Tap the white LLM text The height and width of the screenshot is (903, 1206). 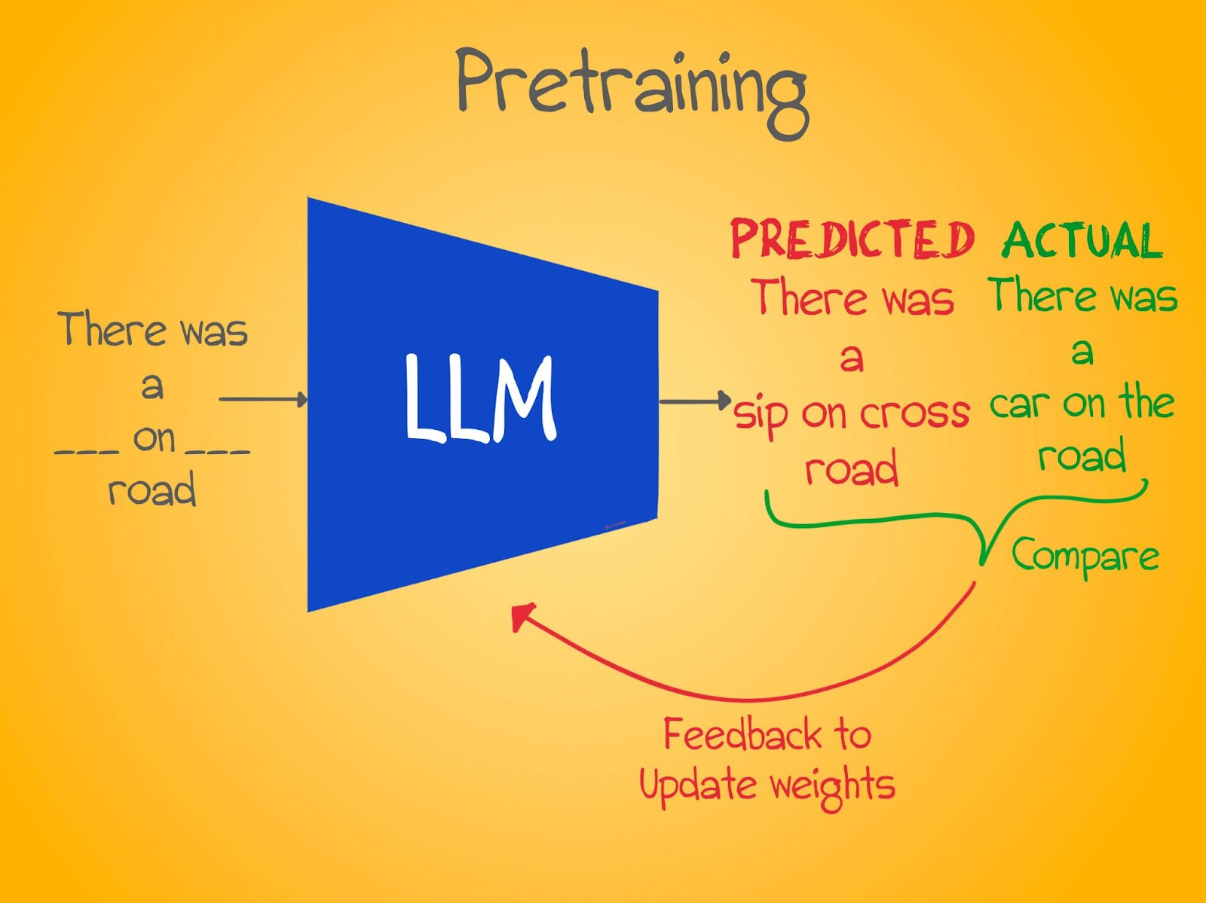tap(480, 398)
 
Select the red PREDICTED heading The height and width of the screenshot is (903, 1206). tap(852, 240)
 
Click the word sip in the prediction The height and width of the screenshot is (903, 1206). tap(761, 416)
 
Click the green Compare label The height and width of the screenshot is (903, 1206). tap(1085, 556)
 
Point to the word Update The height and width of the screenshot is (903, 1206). tap(697, 785)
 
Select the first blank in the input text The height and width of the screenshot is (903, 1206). tap(87, 453)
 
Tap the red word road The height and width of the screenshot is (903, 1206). tap(852, 469)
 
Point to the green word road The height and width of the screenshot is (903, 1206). tap(1082, 456)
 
